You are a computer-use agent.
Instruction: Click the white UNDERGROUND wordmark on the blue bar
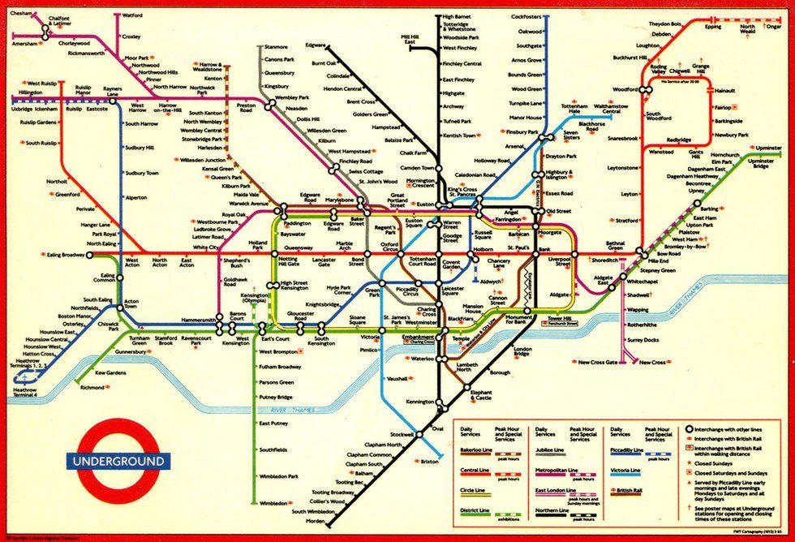(119, 462)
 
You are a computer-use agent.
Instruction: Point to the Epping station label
(712, 27)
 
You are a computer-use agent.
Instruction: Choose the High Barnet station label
(458, 16)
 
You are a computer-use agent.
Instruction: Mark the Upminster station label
(768, 148)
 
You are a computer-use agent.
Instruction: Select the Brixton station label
(429, 461)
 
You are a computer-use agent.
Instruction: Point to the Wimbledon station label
(273, 503)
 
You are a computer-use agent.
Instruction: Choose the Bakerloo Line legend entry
(476, 450)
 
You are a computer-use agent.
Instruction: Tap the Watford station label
(131, 15)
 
